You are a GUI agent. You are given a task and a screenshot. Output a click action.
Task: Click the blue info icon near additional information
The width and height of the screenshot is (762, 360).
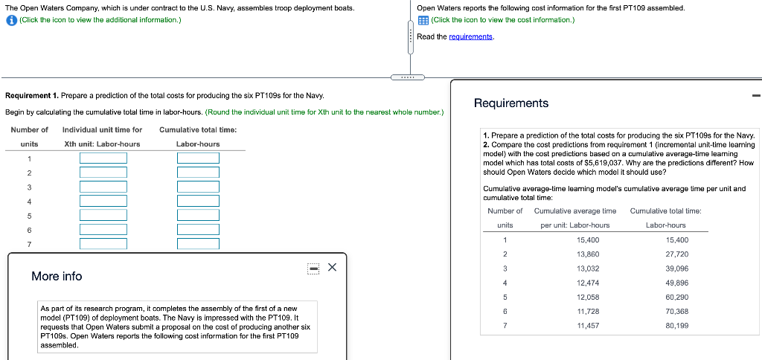(10, 19)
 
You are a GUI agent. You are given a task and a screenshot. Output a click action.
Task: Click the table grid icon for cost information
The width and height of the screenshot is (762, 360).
(423, 19)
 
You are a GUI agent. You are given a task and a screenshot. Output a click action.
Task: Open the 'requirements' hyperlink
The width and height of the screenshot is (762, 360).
(470, 36)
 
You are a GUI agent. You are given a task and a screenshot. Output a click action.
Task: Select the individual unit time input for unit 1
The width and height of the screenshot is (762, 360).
(103, 158)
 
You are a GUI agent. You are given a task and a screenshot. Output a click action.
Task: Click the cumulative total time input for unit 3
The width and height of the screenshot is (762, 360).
(198, 187)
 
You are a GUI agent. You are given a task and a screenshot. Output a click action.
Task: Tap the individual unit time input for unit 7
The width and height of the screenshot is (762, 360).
(103, 244)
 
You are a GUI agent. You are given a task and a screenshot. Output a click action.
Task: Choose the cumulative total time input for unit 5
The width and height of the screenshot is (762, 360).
(198, 215)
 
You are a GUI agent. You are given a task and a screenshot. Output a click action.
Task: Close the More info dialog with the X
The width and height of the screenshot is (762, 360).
(332, 267)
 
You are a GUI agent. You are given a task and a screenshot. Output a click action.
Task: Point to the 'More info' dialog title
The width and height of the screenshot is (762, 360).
(57, 276)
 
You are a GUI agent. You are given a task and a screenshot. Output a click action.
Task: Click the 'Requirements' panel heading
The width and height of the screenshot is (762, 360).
(510, 103)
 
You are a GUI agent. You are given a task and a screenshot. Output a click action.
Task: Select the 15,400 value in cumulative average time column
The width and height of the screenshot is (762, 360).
(588, 240)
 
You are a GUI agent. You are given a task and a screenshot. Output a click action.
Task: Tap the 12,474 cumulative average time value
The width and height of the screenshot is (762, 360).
(588, 283)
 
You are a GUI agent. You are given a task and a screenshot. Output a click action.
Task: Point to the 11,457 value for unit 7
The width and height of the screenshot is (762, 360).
(588, 325)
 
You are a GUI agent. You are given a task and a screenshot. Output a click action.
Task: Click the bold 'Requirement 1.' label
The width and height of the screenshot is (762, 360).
(31, 97)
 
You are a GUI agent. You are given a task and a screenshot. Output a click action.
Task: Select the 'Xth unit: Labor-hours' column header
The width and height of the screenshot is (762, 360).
(102, 144)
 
